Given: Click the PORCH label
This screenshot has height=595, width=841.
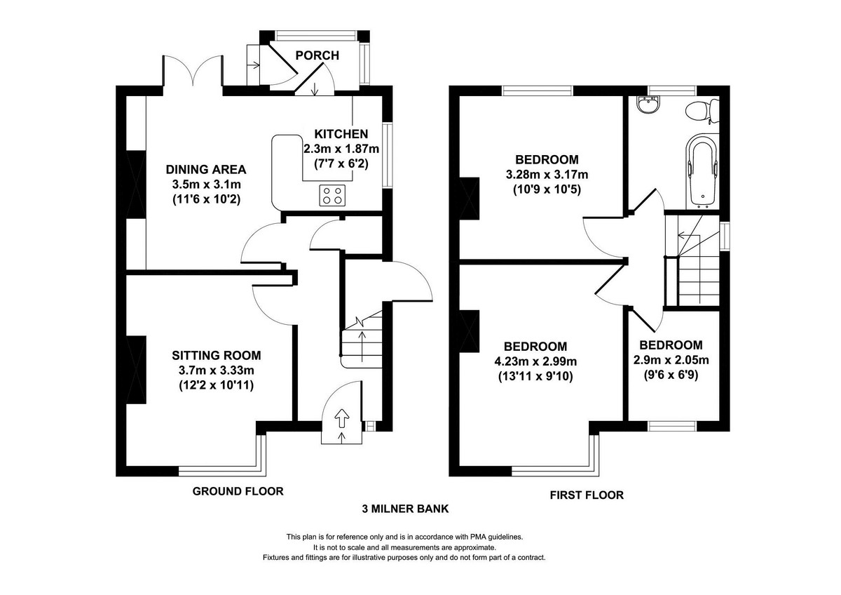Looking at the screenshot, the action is coord(317,55).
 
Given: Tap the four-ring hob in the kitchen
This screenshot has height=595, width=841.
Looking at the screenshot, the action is coord(332,195).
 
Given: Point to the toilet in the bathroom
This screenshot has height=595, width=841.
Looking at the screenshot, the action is coord(701,111).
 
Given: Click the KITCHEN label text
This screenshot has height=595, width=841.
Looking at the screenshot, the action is coord(341,134).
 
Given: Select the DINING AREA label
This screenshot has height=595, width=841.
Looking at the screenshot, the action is coord(205,169).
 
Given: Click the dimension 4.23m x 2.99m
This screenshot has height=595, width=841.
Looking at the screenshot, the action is coord(535,362).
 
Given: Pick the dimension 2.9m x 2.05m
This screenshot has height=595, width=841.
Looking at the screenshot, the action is coord(670,361).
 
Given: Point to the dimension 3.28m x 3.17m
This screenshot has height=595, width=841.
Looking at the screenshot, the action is coord(546,174).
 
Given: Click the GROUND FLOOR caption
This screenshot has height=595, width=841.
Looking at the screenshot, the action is coord(238,491).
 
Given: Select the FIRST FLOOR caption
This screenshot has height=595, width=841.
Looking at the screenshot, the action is coord(587,495).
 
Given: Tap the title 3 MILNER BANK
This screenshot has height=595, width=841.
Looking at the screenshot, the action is coord(405,509).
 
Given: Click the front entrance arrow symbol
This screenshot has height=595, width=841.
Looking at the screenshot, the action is coord(342,420).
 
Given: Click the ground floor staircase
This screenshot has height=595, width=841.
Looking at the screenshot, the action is coord(362,340).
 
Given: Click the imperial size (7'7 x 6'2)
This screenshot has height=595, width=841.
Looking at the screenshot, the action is coord(341,162).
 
